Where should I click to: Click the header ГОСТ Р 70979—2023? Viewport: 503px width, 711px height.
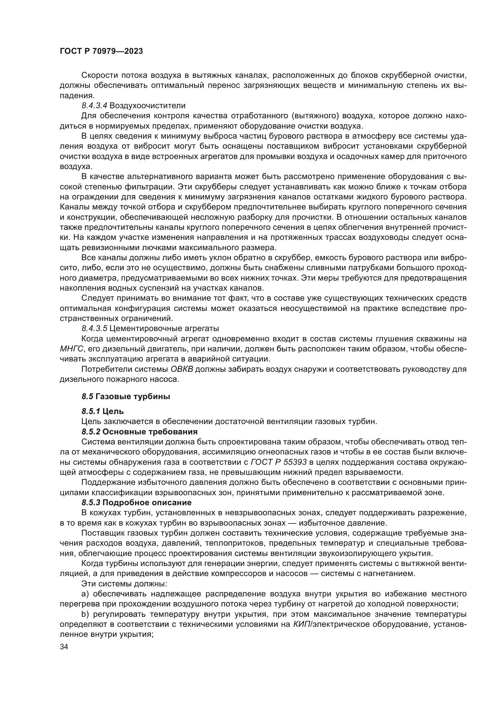[x=101, y=51]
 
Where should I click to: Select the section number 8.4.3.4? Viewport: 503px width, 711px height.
[x=94, y=105]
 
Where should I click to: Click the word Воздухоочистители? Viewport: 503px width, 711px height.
[x=147, y=105]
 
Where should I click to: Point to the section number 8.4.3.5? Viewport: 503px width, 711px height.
[x=94, y=329]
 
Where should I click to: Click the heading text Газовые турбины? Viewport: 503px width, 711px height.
[x=133, y=396]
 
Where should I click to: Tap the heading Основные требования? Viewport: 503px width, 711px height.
[x=150, y=432]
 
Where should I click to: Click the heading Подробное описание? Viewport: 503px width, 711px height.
[x=147, y=502]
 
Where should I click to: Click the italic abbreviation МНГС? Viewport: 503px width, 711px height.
[x=71, y=349]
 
